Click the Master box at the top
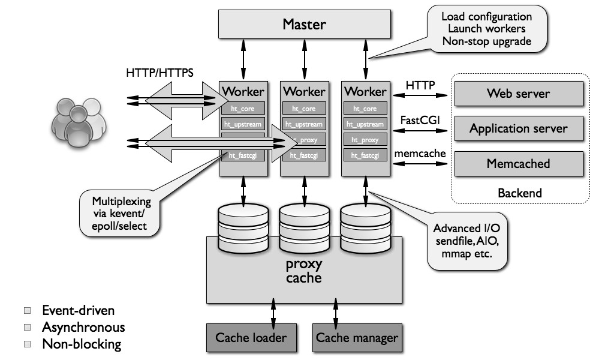(304, 25)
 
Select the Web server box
(518, 94)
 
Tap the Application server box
(518, 128)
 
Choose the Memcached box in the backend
(518, 163)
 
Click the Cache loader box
(251, 338)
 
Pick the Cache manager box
(357, 338)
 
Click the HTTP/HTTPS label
(159, 74)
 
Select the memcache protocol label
(420, 154)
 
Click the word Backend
(519, 193)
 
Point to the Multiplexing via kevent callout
(122, 213)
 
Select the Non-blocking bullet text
(82, 344)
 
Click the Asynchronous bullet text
(83, 327)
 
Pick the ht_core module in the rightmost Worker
(365, 109)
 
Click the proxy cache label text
(304, 271)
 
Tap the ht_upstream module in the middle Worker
(303, 124)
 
